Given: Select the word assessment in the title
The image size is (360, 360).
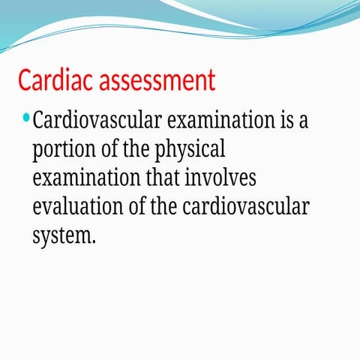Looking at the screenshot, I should pos(156,79).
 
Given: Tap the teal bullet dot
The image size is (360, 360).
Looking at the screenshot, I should pos(27,118).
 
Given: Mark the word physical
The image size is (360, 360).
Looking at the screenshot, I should pos(190,149).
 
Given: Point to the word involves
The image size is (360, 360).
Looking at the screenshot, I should pos(220,178).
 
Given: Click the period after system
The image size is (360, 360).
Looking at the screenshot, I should pos(94,241).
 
